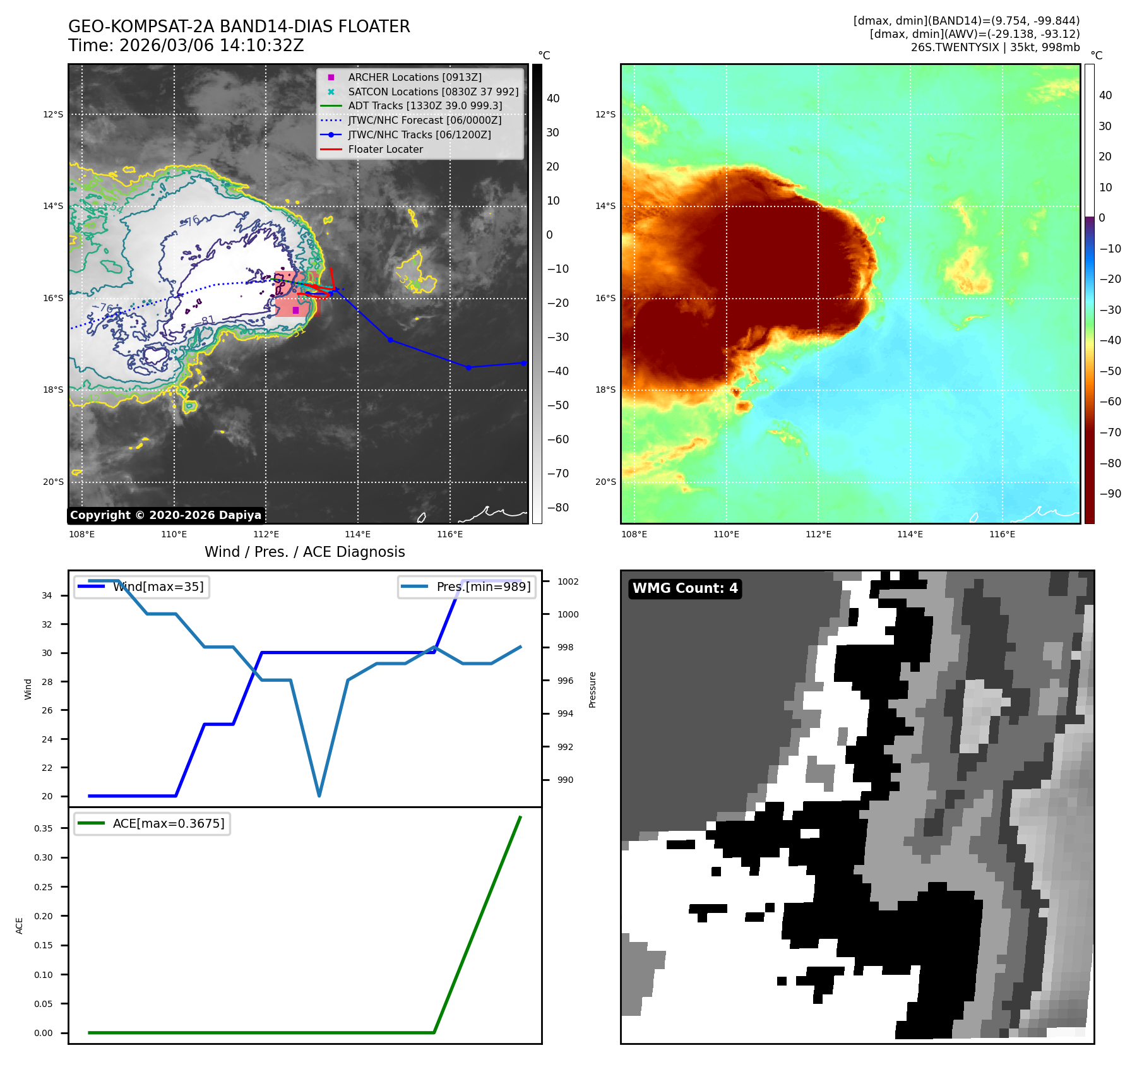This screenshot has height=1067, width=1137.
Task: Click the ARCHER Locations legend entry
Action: (414, 77)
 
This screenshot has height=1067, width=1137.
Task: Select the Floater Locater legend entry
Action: (385, 149)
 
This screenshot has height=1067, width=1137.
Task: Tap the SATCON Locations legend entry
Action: (433, 92)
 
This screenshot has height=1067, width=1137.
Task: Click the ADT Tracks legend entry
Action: (425, 105)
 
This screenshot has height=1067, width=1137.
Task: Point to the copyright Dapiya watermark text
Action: (165, 515)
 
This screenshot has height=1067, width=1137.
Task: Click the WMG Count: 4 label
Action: (685, 588)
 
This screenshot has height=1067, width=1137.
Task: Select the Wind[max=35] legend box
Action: (141, 587)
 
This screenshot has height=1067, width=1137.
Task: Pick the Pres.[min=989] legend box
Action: (467, 587)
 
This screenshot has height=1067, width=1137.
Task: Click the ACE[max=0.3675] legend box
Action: (152, 823)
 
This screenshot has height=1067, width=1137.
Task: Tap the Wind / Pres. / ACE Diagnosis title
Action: (304, 552)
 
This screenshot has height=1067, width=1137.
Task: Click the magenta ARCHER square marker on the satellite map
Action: (295, 310)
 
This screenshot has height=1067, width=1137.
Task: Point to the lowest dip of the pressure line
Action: (319, 796)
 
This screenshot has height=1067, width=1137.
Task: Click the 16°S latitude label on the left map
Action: (53, 298)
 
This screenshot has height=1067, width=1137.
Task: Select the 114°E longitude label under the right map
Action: (910, 534)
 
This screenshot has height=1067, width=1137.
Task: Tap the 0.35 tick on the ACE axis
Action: (44, 828)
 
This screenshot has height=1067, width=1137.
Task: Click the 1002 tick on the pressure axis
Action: (568, 581)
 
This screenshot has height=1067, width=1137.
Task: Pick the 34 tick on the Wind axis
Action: (47, 595)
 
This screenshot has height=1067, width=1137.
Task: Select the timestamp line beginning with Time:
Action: (186, 45)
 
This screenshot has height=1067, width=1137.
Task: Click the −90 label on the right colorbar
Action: (1110, 494)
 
